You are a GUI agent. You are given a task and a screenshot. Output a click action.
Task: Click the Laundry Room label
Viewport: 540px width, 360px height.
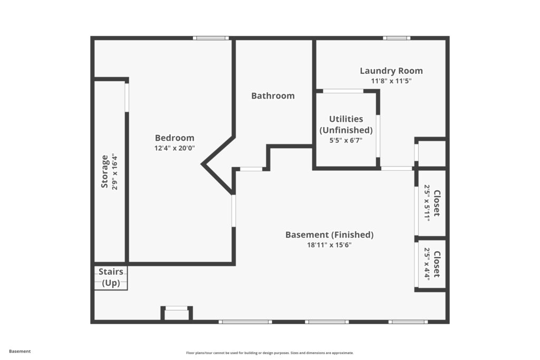[x=391, y=71]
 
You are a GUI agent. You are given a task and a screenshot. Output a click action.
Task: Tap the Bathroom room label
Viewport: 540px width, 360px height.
[x=273, y=96]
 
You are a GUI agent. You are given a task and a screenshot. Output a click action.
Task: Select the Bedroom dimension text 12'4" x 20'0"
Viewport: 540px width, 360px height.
[x=175, y=148]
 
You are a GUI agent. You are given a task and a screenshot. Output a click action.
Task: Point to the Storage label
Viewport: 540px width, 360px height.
[x=104, y=171]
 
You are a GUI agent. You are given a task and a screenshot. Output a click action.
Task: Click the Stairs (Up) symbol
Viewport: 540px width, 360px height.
[x=111, y=277]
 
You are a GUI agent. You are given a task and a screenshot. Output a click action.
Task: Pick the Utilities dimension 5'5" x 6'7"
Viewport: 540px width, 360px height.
[x=346, y=140]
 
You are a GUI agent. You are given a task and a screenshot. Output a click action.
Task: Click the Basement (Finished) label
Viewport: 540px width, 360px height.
[x=329, y=235]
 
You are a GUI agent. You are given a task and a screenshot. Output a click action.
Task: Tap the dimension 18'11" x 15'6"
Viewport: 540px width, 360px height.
[x=329, y=245]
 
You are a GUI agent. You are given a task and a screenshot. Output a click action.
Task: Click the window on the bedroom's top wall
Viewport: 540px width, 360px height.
[x=211, y=38]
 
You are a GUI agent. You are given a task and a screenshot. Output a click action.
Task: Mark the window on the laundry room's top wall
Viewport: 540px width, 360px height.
[x=397, y=38]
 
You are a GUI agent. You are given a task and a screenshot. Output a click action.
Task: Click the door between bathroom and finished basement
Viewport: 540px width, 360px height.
[x=251, y=169]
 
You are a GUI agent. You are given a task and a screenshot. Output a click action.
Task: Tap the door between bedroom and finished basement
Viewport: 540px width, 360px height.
[x=234, y=211]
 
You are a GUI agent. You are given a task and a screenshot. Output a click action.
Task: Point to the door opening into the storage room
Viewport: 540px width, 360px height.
[x=127, y=98]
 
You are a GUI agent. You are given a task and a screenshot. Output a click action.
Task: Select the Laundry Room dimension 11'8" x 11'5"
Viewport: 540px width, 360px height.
[x=391, y=81]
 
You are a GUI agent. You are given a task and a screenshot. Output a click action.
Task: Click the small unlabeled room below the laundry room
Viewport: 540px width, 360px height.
[x=432, y=153]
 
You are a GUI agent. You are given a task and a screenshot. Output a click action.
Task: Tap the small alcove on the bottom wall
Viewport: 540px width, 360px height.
[x=177, y=313]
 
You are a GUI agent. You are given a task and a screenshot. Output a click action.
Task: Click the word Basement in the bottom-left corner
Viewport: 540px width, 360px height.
[x=20, y=352]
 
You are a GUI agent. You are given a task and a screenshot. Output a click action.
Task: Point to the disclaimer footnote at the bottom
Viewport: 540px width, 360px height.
[x=269, y=353]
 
